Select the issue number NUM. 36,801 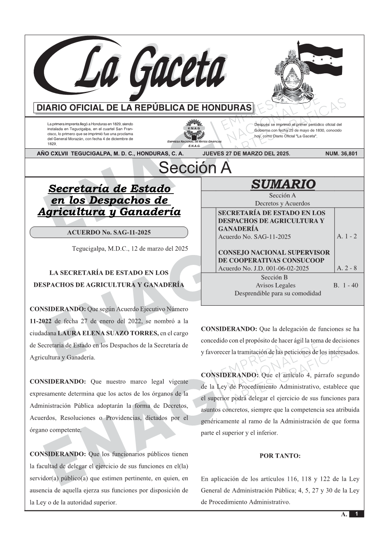point(341,154)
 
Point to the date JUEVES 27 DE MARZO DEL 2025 point(246,154)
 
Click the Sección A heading point(195,168)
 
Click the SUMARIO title point(283,184)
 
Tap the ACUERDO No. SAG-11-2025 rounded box point(109,232)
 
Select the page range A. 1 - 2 point(347,236)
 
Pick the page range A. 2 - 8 point(347,268)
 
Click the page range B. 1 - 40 point(346,285)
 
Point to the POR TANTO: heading point(280,456)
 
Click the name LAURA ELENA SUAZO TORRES point(108,333)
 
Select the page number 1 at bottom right point(356,514)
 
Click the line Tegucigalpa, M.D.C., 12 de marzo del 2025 point(130,248)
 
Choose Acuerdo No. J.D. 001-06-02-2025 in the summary point(263,269)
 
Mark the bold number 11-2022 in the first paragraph point(41,321)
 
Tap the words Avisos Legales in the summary point(275,285)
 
